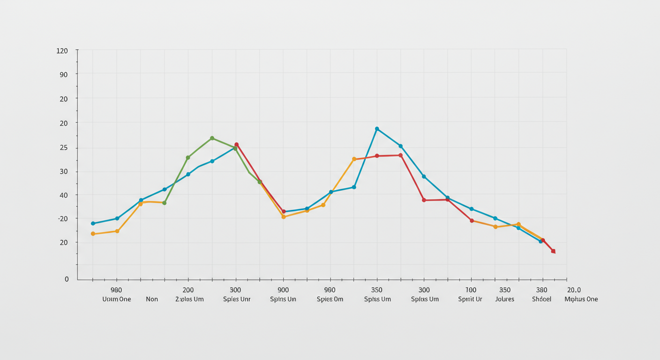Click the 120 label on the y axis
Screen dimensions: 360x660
click(62, 51)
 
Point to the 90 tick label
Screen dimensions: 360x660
click(63, 75)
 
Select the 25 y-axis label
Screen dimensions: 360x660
click(63, 148)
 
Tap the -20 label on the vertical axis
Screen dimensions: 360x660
click(62, 218)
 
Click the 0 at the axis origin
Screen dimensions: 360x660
click(67, 279)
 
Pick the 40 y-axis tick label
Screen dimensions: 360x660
click(63, 195)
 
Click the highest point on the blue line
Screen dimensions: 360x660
click(377, 129)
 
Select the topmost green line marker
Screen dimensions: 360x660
click(212, 138)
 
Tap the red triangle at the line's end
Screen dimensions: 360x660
click(553, 251)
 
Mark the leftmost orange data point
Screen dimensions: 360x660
click(93, 233)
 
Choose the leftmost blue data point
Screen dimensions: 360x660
click(93, 223)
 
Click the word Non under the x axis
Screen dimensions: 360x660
click(152, 299)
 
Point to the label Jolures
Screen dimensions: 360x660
click(504, 299)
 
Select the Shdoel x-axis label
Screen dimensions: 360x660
click(542, 299)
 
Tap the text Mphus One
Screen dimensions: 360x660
click(581, 299)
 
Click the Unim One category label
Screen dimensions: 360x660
click(117, 299)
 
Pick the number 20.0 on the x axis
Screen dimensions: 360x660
click(574, 290)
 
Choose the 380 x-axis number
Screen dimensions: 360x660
click(542, 290)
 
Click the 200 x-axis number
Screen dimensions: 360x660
click(188, 290)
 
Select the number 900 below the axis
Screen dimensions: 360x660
click(283, 290)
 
